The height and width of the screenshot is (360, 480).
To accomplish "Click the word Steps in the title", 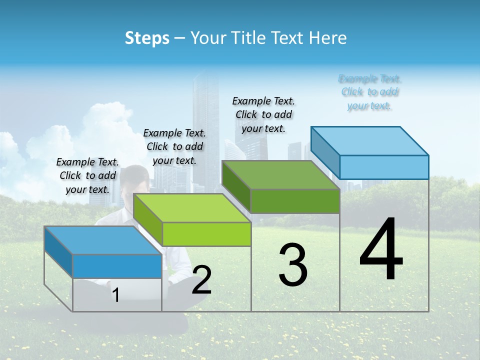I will click(x=147, y=38).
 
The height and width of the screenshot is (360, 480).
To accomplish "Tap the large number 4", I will click(x=381, y=249).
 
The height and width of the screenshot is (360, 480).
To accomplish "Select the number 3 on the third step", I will click(x=292, y=265).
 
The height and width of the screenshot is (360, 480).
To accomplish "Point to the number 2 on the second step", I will click(x=201, y=280).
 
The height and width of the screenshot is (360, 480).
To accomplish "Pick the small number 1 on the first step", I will click(x=115, y=295).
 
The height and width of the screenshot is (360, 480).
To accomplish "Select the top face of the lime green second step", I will click(x=192, y=208).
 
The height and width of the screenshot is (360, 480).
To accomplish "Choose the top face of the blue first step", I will click(x=103, y=240).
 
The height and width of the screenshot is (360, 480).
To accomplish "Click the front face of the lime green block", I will click(x=206, y=234).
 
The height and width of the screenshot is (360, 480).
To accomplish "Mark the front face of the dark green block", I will click(x=295, y=201).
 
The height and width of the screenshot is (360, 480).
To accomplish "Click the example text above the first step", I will click(x=87, y=176).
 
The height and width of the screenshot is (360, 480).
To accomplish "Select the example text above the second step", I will click(x=174, y=147).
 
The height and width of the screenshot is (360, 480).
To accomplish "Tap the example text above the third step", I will click(x=263, y=115).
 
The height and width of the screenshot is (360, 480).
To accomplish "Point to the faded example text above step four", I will click(x=369, y=92).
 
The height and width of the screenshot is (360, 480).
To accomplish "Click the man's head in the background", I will click(x=136, y=179).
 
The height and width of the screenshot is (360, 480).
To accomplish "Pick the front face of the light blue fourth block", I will click(x=384, y=167).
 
